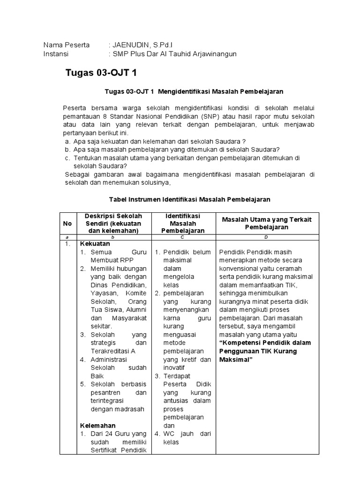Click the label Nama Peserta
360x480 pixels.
67,45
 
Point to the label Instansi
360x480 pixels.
56,54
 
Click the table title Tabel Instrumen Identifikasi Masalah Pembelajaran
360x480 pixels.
189,199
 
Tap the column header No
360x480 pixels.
67,224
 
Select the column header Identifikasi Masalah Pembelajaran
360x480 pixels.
183,223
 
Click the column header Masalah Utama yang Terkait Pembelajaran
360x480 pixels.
266,223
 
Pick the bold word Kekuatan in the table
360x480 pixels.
95,244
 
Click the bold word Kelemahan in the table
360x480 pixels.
97,425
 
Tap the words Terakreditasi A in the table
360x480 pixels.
112,351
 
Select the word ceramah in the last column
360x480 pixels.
291,269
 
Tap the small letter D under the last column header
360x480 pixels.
266,237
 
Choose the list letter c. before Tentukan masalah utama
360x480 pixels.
68,158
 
